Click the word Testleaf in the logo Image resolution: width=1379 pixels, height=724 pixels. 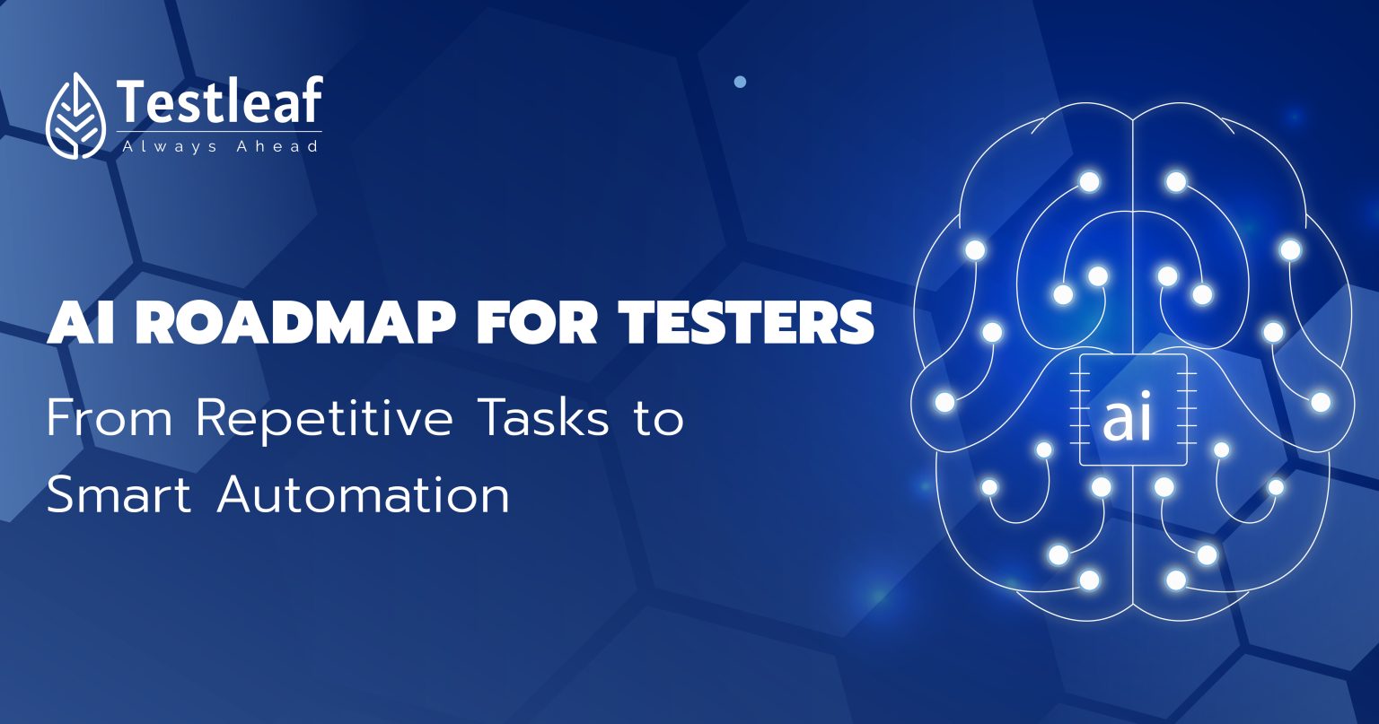pos(218,101)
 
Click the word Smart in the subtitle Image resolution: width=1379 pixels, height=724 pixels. pos(119,494)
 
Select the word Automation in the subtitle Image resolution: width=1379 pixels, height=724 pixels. pos(363,494)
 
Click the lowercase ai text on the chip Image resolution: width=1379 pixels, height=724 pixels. pos(1127,420)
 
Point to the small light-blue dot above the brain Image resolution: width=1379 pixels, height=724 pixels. pos(740,82)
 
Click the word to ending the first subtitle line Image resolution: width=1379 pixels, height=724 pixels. pos(657,419)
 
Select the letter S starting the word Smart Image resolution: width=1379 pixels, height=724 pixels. pos(61,494)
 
